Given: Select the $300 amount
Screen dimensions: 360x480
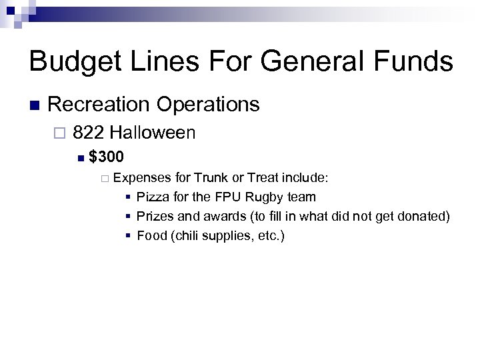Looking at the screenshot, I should (x=106, y=157).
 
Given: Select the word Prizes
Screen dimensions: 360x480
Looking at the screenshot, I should (x=154, y=216).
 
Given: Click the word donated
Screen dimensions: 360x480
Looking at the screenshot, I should (x=425, y=216).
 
